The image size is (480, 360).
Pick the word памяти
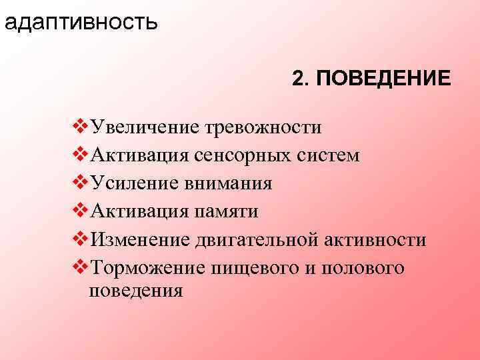(x=226, y=211)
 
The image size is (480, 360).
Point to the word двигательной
(x=264, y=239)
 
